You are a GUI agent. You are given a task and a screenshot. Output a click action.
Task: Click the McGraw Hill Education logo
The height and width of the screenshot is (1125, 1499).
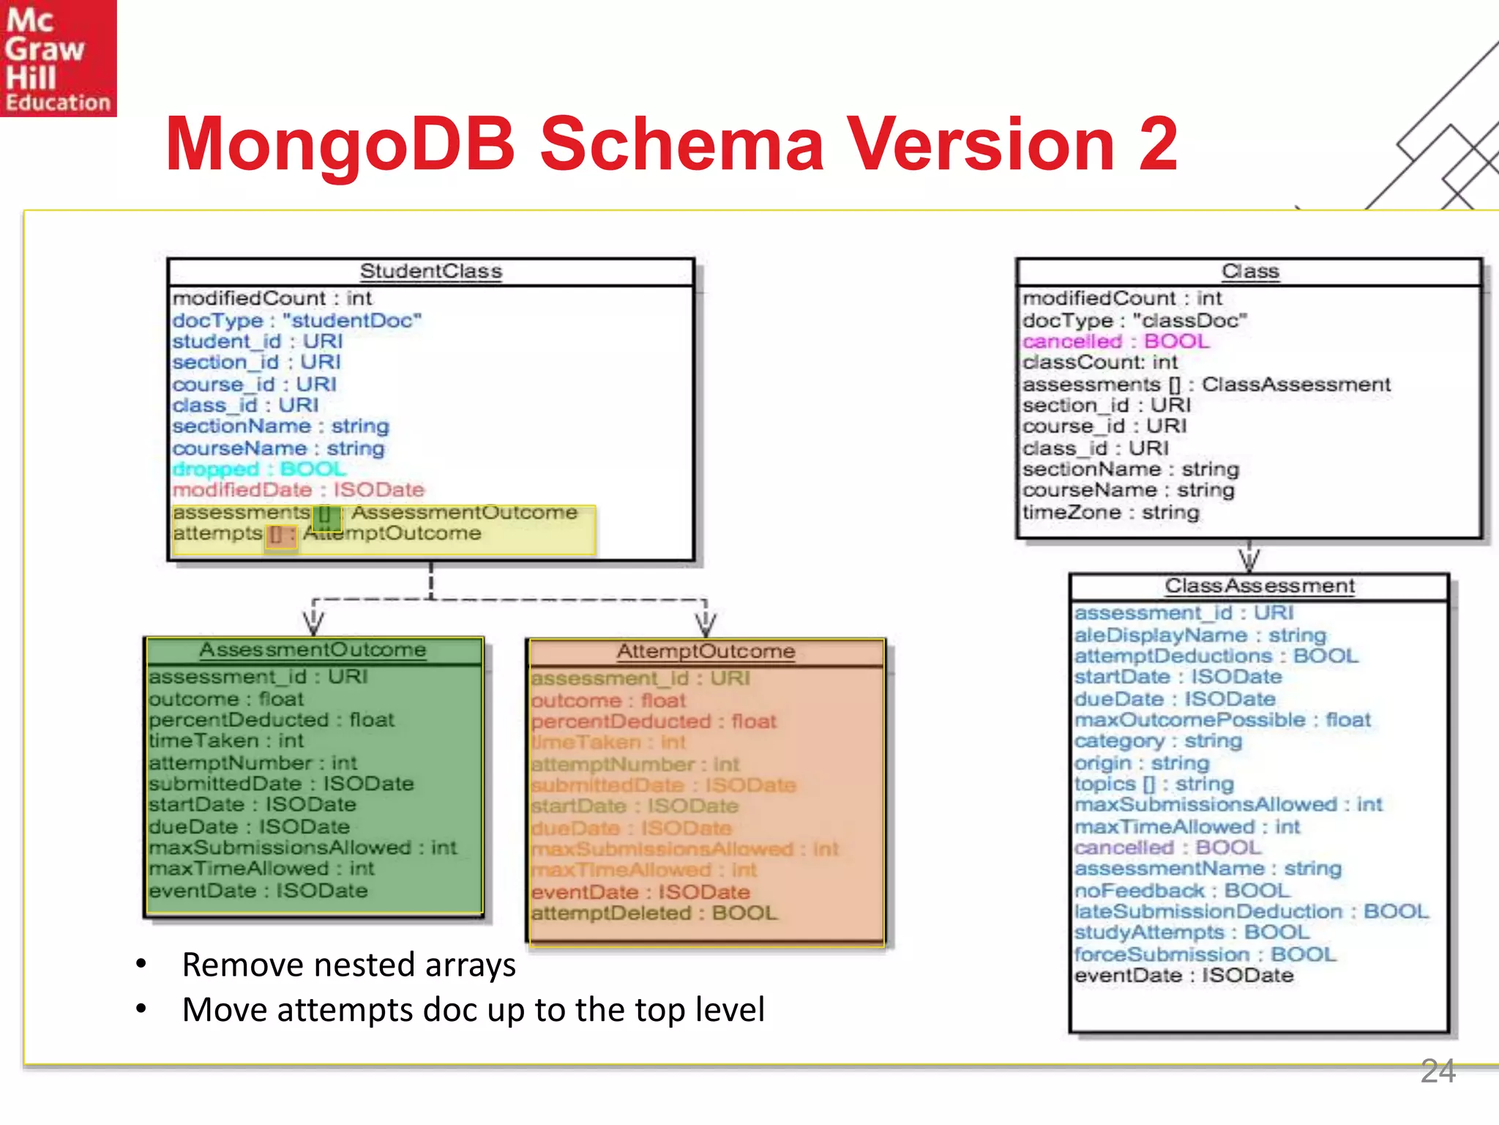coord(58,58)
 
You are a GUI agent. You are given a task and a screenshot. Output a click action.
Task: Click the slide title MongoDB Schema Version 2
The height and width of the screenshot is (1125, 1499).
coord(671,144)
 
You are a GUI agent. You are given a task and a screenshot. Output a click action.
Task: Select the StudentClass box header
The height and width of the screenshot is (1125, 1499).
coord(430,272)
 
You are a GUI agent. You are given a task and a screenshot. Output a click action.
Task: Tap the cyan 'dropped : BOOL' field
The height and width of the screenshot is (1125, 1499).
coord(259,469)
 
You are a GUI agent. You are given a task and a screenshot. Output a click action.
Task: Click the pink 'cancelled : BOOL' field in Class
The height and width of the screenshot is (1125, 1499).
coord(1115,341)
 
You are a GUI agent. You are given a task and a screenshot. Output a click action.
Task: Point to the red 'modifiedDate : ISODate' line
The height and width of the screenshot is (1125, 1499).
coord(298,490)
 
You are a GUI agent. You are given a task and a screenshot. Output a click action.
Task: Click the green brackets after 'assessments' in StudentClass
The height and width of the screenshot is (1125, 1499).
coord(325,515)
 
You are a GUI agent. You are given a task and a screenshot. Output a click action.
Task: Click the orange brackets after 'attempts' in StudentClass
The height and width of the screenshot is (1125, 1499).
coord(277,535)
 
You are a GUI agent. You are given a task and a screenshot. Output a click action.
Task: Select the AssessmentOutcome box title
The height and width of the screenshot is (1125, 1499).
coord(313,650)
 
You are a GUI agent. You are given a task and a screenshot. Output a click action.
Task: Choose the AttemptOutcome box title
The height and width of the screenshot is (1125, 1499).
coord(706,652)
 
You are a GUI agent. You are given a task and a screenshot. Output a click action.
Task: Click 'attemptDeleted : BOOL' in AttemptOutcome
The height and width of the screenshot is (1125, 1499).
coord(654,913)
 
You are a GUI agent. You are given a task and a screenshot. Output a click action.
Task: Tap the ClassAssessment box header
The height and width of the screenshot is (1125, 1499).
coord(1259,586)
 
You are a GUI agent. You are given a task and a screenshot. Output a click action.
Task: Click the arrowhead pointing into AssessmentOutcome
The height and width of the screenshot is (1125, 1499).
coord(313,623)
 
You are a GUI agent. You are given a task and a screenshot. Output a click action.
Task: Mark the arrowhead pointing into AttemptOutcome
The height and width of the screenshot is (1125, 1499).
coord(706,625)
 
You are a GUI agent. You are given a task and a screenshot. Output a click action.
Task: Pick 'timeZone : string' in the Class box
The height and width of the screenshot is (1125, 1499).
coord(1110,512)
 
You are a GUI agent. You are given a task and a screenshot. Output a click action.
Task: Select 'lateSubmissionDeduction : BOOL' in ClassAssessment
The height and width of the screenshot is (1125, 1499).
coord(1251,911)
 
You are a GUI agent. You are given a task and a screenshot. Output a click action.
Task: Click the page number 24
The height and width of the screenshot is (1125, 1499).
coord(1438,1071)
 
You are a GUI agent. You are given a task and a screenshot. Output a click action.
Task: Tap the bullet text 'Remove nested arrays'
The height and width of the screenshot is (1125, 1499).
coord(348,965)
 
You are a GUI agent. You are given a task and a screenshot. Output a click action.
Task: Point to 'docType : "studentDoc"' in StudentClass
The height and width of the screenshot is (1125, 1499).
coord(296,320)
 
